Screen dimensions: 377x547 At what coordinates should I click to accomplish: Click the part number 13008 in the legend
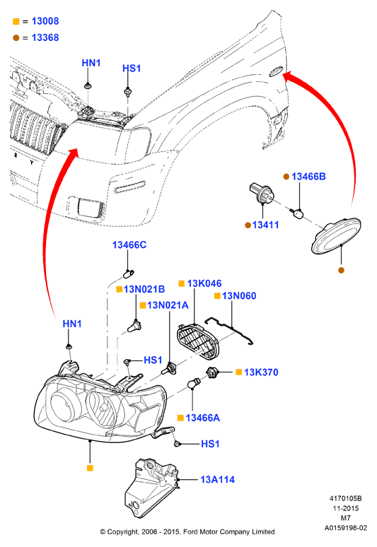45,21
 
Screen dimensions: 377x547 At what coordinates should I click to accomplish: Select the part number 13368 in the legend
45,37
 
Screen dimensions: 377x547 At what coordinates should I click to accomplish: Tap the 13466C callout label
129,245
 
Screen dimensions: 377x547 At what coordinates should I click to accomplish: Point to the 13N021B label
144,289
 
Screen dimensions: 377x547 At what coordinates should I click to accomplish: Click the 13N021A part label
168,305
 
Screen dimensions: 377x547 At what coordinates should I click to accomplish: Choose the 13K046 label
204,283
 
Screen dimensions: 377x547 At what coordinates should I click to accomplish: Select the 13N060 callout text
239,296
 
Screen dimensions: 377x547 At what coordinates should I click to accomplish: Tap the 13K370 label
261,372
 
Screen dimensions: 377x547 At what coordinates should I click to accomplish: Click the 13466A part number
202,418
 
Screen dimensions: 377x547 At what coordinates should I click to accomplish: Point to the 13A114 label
217,480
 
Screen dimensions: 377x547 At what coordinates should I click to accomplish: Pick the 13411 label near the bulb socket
266,225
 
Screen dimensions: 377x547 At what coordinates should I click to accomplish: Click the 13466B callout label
308,177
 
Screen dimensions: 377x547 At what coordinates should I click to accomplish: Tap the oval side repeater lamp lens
336,236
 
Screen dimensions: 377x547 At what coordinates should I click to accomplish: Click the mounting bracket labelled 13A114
150,487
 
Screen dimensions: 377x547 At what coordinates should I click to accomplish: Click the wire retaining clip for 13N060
228,329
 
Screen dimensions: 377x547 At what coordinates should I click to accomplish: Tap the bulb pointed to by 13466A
193,383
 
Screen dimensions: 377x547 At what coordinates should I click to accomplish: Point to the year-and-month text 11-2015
346,508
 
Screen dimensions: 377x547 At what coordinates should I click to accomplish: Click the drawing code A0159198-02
346,528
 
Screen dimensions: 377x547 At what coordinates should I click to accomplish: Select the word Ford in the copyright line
190,532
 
